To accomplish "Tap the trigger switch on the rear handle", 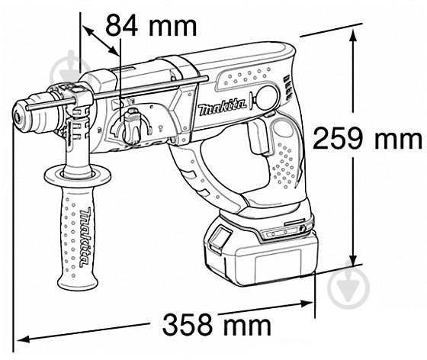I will [257, 140].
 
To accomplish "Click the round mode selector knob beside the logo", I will [266, 97].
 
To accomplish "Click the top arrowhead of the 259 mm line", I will [355, 28].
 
